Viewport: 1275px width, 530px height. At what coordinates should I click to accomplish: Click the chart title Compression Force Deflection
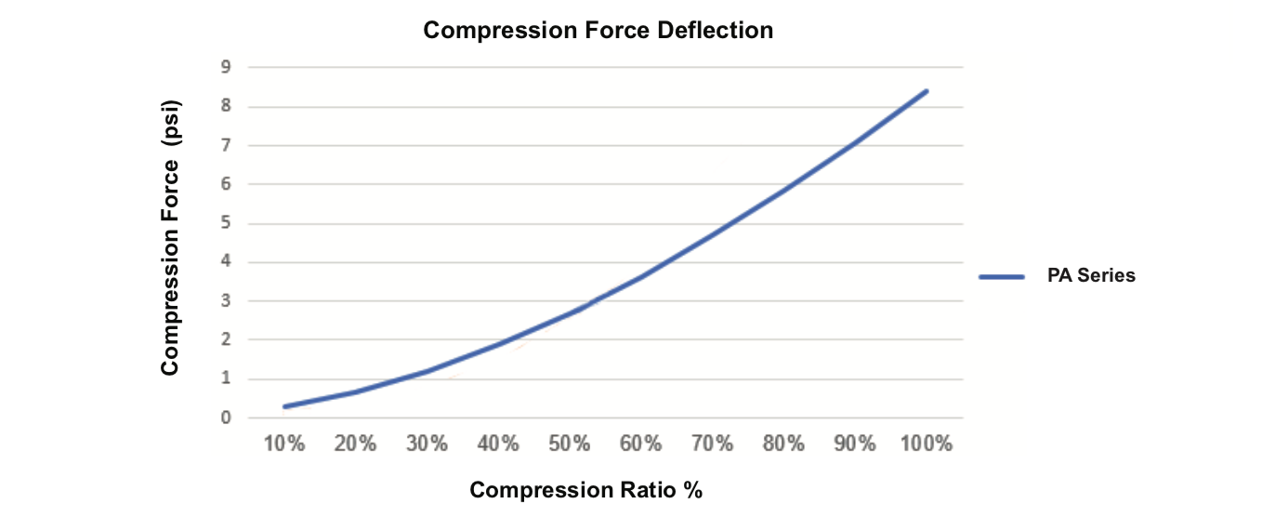tap(598, 31)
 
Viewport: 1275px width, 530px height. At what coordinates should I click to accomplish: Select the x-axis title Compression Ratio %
tap(585, 490)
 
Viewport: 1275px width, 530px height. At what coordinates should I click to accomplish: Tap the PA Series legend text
tap(1091, 275)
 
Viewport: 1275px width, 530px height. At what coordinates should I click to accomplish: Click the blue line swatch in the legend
tap(1001, 276)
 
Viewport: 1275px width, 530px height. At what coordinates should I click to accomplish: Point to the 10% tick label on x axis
tap(284, 444)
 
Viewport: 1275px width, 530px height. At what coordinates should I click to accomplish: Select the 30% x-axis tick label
tap(427, 444)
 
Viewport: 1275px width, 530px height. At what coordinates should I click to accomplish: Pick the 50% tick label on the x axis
tap(570, 444)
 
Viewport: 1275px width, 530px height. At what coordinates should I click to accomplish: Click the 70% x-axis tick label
tap(712, 444)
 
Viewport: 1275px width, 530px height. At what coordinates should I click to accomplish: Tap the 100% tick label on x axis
tap(927, 444)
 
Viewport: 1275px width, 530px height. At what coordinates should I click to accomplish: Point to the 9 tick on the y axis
tap(225, 67)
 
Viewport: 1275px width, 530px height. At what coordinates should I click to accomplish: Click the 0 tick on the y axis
tap(225, 417)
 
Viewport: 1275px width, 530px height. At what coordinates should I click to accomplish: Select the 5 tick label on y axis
tap(225, 223)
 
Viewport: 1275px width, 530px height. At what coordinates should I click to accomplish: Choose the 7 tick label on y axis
tap(225, 145)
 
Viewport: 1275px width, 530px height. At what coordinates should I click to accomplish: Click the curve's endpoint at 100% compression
tap(927, 91)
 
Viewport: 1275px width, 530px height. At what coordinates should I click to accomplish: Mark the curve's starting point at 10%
tap(285, 406)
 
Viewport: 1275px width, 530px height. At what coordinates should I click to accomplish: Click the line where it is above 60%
tap(641, 276)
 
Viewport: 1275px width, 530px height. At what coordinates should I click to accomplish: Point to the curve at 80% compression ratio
tap(783, 192)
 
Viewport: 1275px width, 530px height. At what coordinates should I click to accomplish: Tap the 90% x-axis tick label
tap(855, 444)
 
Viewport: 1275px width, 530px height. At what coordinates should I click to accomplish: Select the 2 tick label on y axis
tap(225, 339)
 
